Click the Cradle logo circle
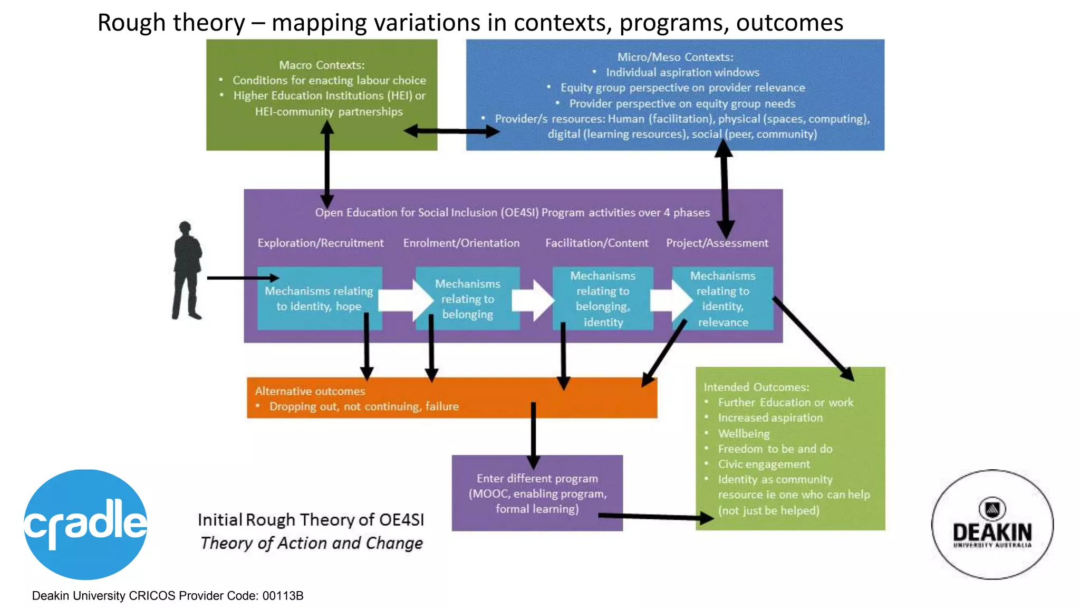[85, 524]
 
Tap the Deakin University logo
[992, 524]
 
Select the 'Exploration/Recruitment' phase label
[320, 243]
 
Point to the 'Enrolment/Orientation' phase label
[461, 243]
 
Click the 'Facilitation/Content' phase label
[596, 243]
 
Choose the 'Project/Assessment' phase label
[717, 243]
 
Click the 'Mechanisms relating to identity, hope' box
[319, 299]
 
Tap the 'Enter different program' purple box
[537, 493]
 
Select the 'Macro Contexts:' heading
[322, 65]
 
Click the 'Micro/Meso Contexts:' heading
[675, 57]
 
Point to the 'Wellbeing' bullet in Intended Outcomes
[744, 433]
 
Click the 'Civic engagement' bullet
[764, 464]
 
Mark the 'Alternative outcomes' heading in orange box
[310, 391]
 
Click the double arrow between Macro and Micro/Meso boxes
[451, 131]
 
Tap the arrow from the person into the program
[243, 278]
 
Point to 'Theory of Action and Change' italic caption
[312, 543]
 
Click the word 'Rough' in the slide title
[131, 23]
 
